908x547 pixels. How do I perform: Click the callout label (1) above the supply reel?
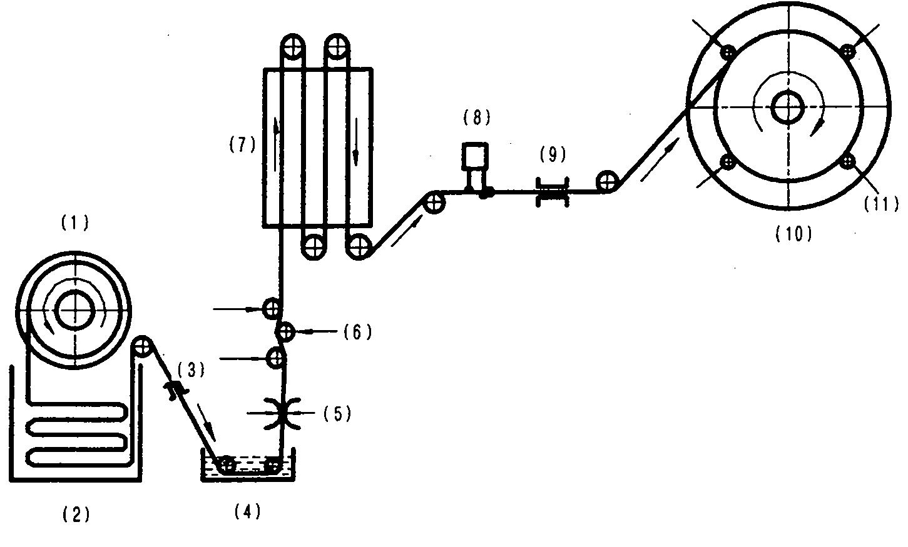click(x=74, y=223)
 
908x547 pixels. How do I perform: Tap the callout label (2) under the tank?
click(x=76, y=514)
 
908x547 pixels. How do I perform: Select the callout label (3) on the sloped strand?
click(x=191, y=369)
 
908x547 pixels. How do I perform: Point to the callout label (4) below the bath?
click(x=247, y=511)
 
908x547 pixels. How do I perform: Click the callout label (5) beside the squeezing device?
click(x=337, y=413)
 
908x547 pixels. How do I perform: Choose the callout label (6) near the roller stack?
click(x=357, y=332)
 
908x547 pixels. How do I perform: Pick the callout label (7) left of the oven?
click(x=242, y=144)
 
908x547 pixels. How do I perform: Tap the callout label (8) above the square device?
click(x=477, y=118)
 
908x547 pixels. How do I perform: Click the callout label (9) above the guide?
click(x=553, y=154)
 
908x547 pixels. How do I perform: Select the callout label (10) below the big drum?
click(x=793, y=234)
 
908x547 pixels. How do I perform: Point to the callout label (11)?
click(x=881, y=204)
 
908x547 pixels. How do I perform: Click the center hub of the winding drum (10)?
click(x=788, y=107)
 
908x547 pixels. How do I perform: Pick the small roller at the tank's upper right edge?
click(x=142, y=347)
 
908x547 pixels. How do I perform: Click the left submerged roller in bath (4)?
click(x=226, y=464)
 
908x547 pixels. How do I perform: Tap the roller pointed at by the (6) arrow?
click(x=286, y=332)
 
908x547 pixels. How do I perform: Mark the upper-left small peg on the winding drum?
click(x=728, y=52)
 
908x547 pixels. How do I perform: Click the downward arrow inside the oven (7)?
click(x=356, y=142)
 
